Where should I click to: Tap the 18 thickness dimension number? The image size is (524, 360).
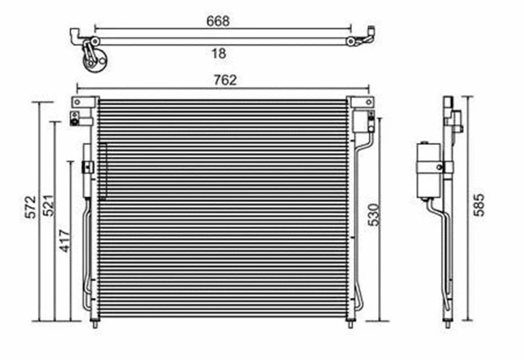tap(219, 53)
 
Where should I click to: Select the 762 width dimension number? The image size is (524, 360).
tap(225, 79)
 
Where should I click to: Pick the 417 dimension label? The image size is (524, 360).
tap(65, 242)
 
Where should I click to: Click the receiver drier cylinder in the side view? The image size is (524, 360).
tap(425, 168)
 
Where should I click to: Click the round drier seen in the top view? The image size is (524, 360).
tap(95, 60)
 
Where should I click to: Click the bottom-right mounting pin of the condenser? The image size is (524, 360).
tap(347, 328)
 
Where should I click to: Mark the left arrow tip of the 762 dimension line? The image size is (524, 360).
tap(79, 88)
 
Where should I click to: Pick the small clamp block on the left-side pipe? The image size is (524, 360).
tap(87, 167)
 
